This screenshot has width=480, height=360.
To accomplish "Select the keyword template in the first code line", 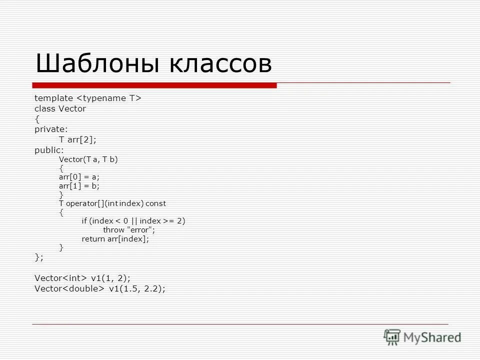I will [53, 98].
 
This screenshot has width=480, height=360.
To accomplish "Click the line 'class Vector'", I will [60, 108].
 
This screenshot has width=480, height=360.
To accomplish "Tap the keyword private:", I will [51, 129].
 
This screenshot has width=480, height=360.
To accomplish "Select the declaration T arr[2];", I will [77, 139].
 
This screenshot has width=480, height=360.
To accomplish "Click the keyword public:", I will [49, 149].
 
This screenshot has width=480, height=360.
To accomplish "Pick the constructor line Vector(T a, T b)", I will [88, 159].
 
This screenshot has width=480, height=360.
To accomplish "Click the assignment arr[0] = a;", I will [79, 177].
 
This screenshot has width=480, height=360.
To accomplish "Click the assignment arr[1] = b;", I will [79, 185].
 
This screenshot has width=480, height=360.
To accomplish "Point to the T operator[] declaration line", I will [112, 203].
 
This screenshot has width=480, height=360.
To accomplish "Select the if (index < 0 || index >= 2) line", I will [133, 221].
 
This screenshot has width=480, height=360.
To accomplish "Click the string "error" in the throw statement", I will [141, 230].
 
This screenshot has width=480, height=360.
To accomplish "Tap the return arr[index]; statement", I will [115, 239].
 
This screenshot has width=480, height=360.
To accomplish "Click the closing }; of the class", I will [39, 257].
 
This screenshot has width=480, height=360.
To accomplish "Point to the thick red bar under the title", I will [154, 85].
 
